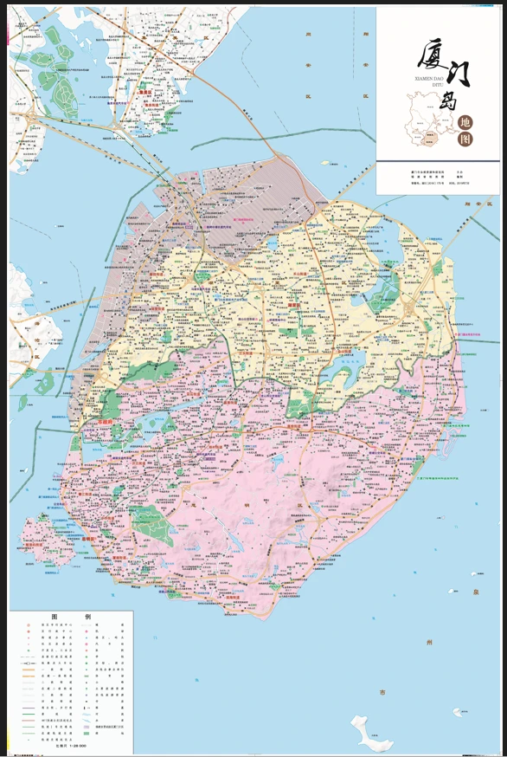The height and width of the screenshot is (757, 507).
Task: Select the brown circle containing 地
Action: tap(466, 123)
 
